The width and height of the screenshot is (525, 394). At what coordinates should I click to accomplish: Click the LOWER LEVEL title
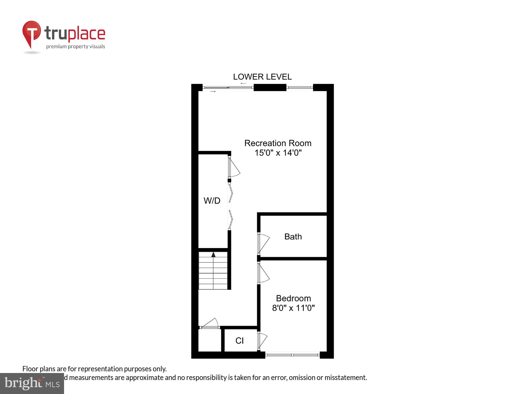pos(262,77)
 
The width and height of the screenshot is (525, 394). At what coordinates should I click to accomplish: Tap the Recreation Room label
pos(278,143)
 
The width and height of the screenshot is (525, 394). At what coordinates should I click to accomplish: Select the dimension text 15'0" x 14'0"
pos(278,153)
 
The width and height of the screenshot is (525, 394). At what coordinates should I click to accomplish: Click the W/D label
pos(212,201)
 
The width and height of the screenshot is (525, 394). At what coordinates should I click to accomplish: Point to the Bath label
pos(293,237)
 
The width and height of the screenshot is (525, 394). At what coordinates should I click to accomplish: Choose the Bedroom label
pos(293,298)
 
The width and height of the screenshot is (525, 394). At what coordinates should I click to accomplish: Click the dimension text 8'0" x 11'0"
pos(293,308)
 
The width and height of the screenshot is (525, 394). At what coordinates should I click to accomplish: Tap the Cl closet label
pos(239,341)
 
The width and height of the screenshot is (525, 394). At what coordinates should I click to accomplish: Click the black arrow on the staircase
pos(213,255)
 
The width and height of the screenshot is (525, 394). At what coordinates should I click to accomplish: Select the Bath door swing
pos(263,243)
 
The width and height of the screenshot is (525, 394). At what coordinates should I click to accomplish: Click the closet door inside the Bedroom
pos(262,341)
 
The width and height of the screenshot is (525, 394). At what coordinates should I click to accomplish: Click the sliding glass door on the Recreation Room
pos(228,87)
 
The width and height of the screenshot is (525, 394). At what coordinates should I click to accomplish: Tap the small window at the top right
pos(300,87)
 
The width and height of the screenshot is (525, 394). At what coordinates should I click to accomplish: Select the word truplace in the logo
pos(75,34)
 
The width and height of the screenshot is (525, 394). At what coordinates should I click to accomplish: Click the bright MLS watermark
pos(32,383)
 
